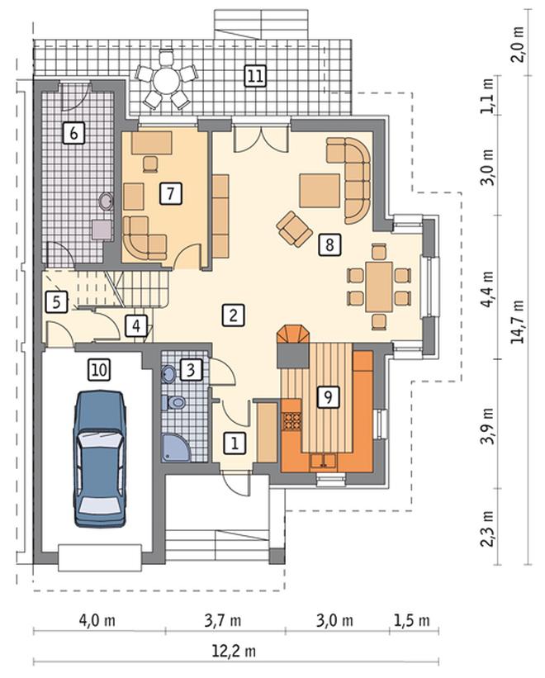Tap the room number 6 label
(73, 133)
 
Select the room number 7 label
(171, 193)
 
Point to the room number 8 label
(329, 244)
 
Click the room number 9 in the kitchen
(328, 396)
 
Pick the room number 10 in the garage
(99, 370)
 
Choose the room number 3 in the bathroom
(191, 370)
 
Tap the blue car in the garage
(100, 459)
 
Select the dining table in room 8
(379, 287)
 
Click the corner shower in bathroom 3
(177, 448)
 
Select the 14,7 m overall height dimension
(517, 322)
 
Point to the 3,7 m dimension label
(223, 621)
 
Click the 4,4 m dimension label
(488, 289)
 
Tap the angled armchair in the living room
(295, 230)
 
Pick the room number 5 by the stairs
(57, 301)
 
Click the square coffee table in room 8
(320, 191)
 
